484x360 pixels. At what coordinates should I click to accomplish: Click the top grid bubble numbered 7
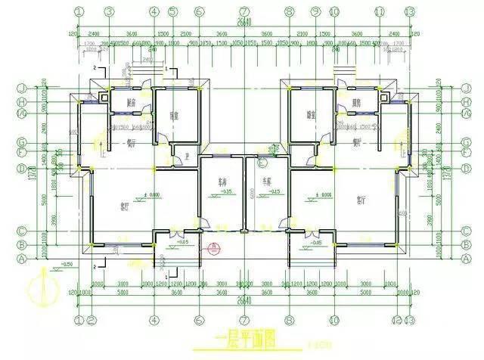click(244, 11)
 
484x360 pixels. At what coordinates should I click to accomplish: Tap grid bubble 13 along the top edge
click(409, 11)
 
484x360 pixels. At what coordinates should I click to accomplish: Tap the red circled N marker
click(215, 247)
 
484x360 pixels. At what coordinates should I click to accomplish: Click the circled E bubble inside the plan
click(262, 161)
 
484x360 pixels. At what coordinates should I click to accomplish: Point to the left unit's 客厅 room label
click(125, 205)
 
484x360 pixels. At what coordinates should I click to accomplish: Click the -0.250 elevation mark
click(67, 264)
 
